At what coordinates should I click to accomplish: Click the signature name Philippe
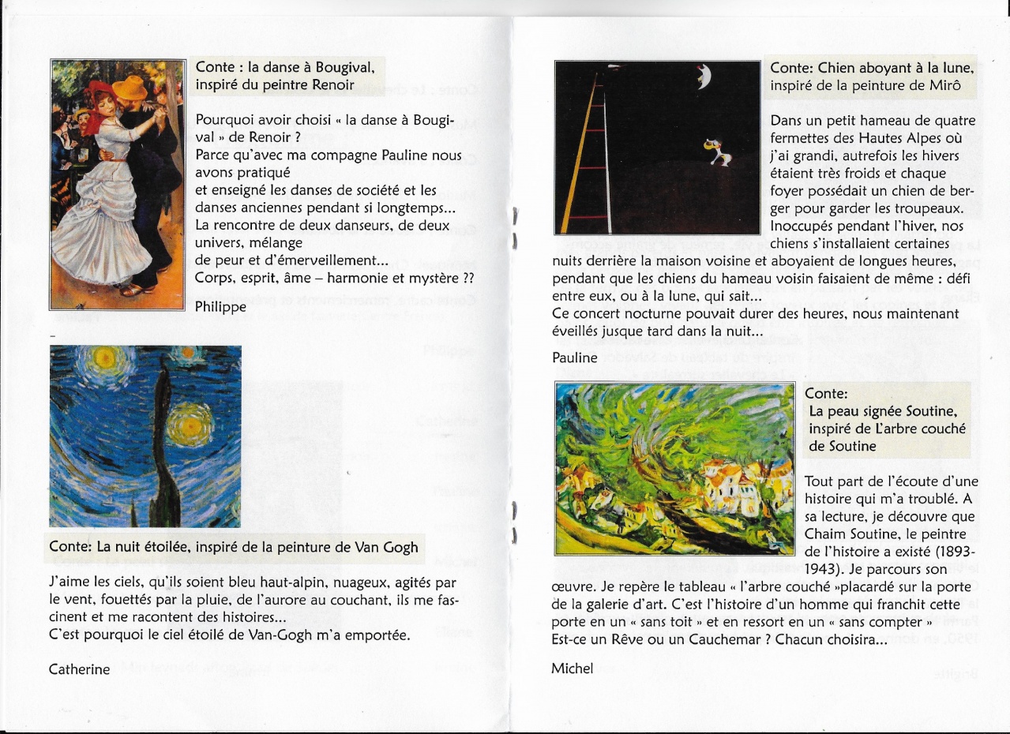(x=220, y=306)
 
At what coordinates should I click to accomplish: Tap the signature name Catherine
(x=79, y=669)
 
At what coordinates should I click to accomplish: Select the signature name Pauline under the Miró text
(x=575, y=358)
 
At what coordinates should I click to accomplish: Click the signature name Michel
(x=572, y=668)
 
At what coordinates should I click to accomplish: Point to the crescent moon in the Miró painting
(x=703, y=77)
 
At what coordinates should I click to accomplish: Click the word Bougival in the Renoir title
(x=350, y=67)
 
